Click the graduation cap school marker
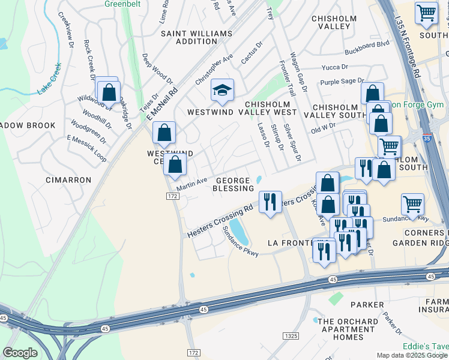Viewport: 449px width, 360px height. click(222, 91)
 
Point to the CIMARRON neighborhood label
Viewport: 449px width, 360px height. click(68, 179)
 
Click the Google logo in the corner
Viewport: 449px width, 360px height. click(20, 352)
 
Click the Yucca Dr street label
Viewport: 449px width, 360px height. click(335, 68)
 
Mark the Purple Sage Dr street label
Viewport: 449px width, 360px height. click(342, 81)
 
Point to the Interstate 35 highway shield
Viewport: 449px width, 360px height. click(425, 137)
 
